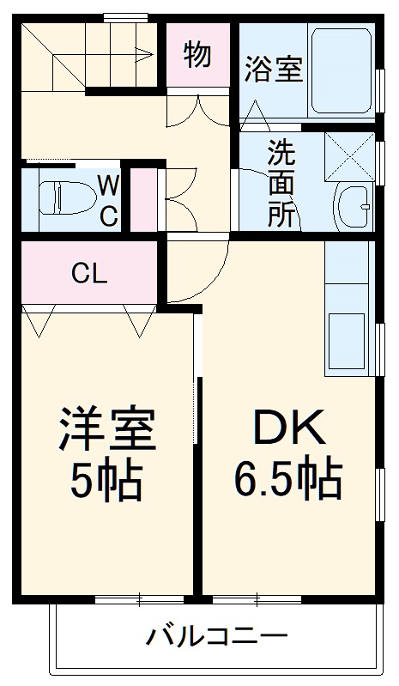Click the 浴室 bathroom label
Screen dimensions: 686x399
click(x=274, y=70)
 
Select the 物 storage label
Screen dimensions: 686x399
click(x=198, y=54)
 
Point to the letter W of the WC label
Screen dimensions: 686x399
click(x=108, y=185)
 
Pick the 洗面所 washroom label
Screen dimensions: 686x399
click(x=281, y=184)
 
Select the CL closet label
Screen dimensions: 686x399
click(x=89, y=275)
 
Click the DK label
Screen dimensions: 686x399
click(x=287, y=427)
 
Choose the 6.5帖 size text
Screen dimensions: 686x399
click(x=287, y=480)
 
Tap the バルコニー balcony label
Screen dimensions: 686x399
click(x=215, y=637)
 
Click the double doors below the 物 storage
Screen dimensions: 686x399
click(x=199, y=111)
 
